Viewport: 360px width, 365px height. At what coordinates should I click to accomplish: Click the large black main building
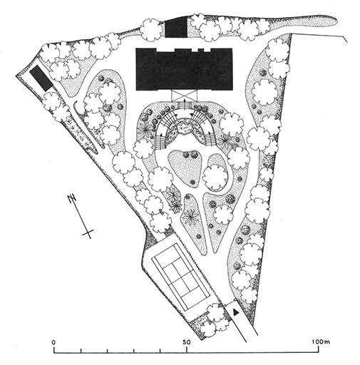tap(184, 69)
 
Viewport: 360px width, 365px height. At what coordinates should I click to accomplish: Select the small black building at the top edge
tap(176, 28)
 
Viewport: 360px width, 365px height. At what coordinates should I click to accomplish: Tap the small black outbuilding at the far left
tap(41, 78)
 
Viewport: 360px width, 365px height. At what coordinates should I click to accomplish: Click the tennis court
tap(181, 277)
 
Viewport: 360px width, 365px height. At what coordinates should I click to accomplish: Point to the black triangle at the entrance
tap(235, 312)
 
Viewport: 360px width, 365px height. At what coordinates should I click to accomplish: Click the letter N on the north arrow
tap(71, 198)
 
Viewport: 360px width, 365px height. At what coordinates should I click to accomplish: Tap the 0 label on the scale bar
tap(54, 342)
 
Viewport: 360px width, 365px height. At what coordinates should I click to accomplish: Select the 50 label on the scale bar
tap(187, 342)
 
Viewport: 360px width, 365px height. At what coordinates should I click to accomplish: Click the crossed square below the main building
tap(185, 96)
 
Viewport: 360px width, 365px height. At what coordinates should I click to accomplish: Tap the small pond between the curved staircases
tap(185, 128)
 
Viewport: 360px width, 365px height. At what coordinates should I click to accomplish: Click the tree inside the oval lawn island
tap(215, 177)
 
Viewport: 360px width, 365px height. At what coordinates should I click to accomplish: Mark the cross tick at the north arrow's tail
tap(88, 232)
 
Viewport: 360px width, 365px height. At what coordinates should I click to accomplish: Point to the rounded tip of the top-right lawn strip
tap(335, 21)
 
